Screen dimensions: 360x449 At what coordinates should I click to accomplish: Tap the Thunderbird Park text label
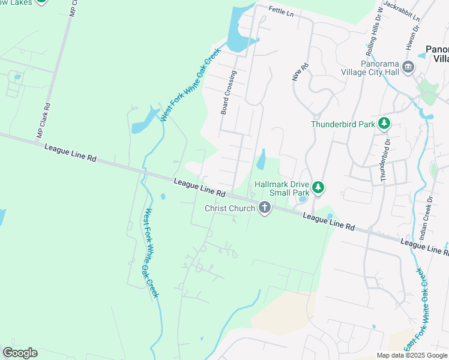(x=343, y=125)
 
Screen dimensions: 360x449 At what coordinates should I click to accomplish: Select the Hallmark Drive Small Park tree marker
(x=318, y=188)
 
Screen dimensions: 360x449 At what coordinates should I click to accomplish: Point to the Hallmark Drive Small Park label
(x=281, y=188)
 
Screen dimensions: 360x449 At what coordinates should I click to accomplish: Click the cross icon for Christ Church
(x=264, y=208)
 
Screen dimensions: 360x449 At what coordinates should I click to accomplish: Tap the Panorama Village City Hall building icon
(x=409, y=67)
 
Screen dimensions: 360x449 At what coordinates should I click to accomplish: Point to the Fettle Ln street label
(x=281, y=11)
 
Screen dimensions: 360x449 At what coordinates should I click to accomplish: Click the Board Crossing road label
(x=229, y=92)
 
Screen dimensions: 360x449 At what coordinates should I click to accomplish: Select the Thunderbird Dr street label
(x=385, y=160)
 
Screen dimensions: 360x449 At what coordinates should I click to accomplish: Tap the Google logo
(x=20, y=353)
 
